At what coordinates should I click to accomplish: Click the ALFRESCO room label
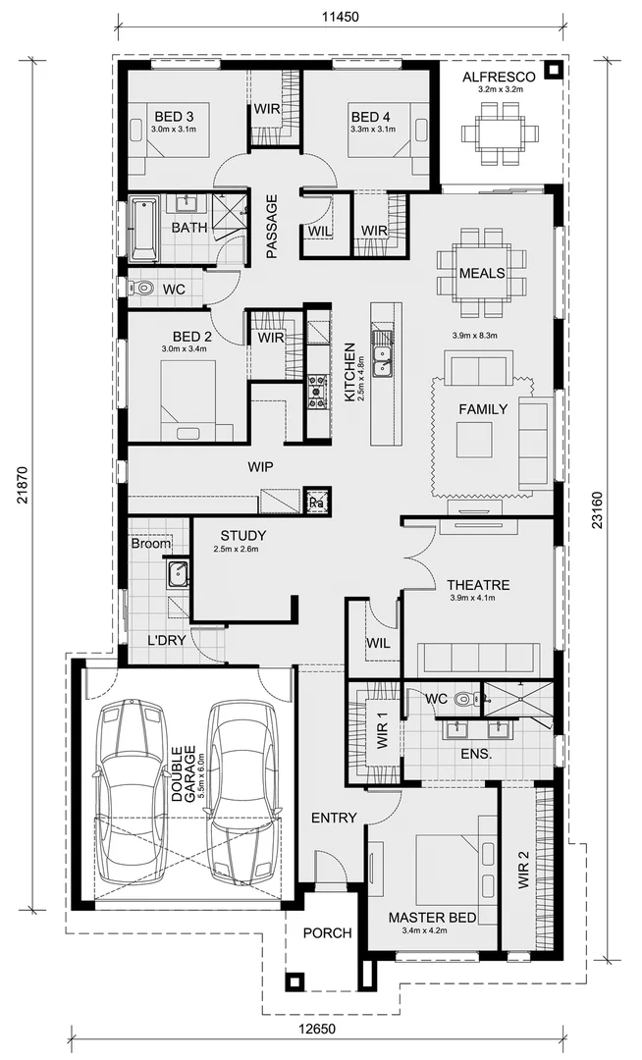click(x=499, y=76)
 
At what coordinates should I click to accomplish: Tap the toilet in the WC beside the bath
click(x=143, y=289)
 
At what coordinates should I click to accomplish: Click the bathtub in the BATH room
click(x=143, y=228)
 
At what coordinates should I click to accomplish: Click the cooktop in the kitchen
click(x=318, y=390)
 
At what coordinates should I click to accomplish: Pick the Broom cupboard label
click(x=150, y=543)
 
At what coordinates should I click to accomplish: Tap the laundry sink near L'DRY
click(x=177, y=574)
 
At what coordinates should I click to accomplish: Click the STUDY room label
click(x=242, y=536)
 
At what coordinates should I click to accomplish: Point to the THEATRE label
click(x=478, y=585)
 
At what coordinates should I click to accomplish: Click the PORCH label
click(x=327, y=932)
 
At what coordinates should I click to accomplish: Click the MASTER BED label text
click(x=432, y=918)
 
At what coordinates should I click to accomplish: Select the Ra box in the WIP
click(x=316, y=502)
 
